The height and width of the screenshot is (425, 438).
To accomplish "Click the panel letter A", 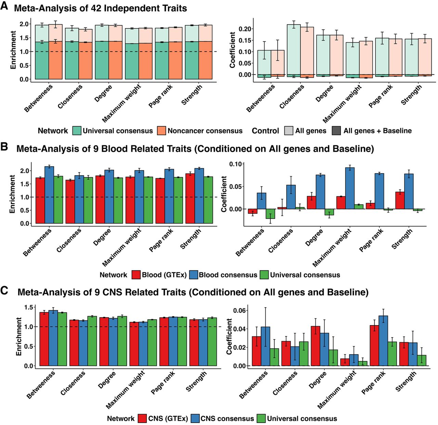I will [4, 6].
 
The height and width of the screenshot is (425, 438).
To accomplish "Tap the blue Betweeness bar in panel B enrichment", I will [49, 195].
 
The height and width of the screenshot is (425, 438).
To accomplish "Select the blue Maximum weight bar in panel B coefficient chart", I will [350, 188].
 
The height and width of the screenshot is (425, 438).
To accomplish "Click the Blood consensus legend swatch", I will [194, 275].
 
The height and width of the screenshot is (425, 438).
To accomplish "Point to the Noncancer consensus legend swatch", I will [162, 131].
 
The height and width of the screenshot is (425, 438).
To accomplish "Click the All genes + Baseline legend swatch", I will [336, 131].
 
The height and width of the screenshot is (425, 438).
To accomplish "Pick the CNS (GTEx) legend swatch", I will [143, 418].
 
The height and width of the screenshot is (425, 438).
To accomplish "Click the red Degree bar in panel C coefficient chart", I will [315, 346].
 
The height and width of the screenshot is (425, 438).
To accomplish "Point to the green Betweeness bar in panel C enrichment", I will [62, 339].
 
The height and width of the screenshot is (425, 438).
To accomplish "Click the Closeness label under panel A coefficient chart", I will [292, 97].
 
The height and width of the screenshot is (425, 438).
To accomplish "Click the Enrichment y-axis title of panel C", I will [18, 336].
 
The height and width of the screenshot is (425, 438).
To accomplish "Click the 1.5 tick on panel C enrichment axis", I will [29, 307].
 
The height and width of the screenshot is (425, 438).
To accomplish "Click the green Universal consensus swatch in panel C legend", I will [261, 418].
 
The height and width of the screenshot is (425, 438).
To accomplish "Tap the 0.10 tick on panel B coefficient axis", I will [236, 164].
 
